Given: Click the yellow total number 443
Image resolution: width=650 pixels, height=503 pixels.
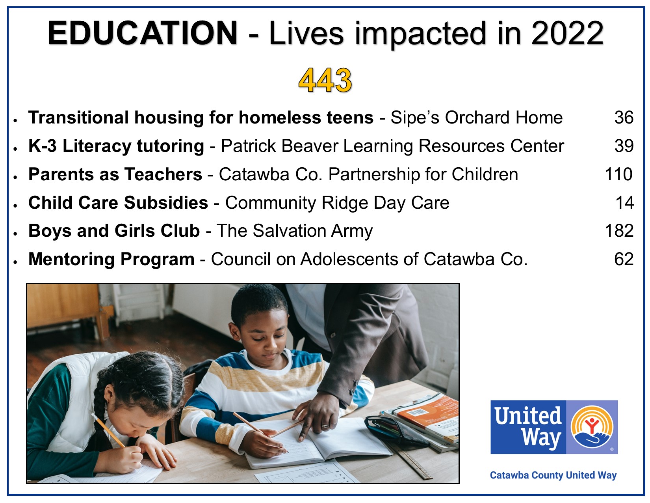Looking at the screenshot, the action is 325,80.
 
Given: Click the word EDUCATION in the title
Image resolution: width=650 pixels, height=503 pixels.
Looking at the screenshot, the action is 142,33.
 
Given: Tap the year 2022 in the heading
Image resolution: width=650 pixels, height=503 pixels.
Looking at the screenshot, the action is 567,33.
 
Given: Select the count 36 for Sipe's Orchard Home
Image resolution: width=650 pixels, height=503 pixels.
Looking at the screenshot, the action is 624,117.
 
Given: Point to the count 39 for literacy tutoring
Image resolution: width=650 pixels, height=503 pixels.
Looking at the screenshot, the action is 624,146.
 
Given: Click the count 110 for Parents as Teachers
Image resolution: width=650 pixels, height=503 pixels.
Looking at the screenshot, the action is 618,174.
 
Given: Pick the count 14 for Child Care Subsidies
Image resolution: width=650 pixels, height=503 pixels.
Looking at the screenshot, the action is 624,202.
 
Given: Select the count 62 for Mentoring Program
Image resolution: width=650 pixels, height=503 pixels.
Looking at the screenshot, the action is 624,259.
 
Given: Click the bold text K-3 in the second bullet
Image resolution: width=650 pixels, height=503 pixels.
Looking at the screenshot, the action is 42,146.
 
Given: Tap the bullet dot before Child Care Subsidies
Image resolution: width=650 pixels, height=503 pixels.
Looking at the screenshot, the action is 15,206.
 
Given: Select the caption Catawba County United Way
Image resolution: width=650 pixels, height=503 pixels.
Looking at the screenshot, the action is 553,475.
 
